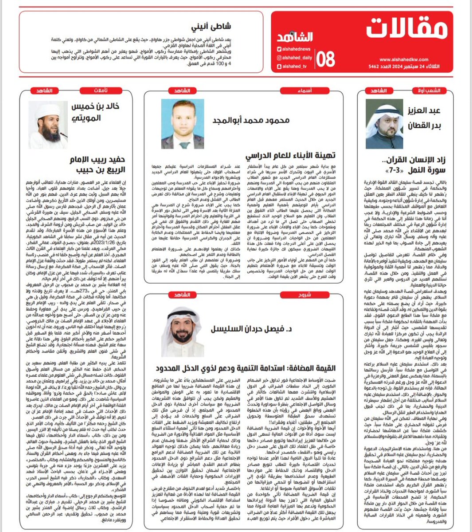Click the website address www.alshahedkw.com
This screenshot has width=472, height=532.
(403, 59)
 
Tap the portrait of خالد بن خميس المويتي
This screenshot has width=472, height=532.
(48, 124)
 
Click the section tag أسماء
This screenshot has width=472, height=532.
(304, 91)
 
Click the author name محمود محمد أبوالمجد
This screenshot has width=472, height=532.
(251, 121)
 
